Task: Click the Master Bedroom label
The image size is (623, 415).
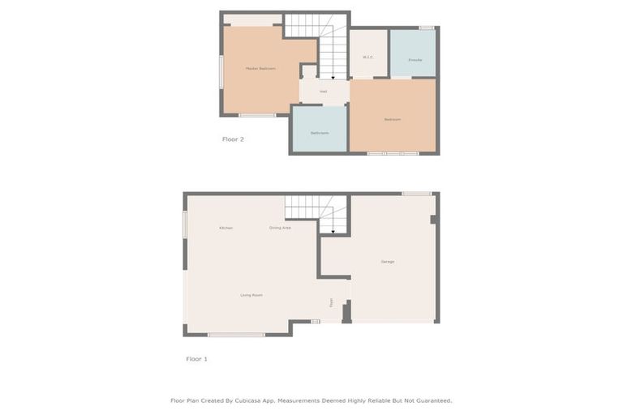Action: [x=260, y=69]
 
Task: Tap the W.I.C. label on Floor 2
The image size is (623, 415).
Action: [x=367, y=57]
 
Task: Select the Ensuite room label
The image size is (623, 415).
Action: [x=415, y=60]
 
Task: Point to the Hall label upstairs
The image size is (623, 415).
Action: [x=323, y=92]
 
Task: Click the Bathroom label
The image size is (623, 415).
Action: [x=319, y=132]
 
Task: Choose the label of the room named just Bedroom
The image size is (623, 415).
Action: [x=393, y=120]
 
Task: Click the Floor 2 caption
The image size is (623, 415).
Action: [x=233, y=139]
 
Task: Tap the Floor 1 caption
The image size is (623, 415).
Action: [x=196, y=358]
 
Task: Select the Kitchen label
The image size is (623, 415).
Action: [x=226, y=228]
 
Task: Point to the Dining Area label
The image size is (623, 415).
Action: [x=280, y=228]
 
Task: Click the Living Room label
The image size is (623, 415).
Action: [x=251, y=295]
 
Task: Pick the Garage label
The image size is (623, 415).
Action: [x=388, y=262]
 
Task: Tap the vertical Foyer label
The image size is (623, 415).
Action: [x=331, y=303]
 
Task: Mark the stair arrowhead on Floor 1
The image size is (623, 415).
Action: [x=333, y=231]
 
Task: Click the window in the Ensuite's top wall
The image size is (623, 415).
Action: [x=426, y=28]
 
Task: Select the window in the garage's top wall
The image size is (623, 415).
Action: [x=417, y=193]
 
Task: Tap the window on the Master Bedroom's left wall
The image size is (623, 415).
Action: [x=221, y=71]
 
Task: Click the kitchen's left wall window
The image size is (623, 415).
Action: [x=185, y=225]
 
